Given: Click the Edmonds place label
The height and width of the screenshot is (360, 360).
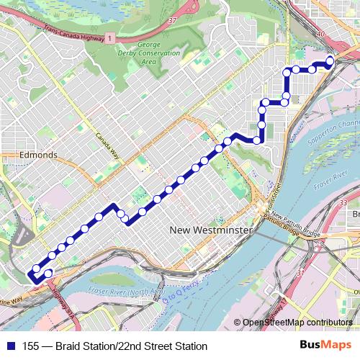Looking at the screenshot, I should click(x=39, y=155).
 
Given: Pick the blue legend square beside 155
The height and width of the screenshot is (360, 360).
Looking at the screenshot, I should click(x=11, y=346).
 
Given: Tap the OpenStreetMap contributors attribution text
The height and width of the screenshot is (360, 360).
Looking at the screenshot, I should click(x=297, y=323).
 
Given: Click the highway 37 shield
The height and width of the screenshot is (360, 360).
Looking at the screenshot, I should click(x=171, y=21).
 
